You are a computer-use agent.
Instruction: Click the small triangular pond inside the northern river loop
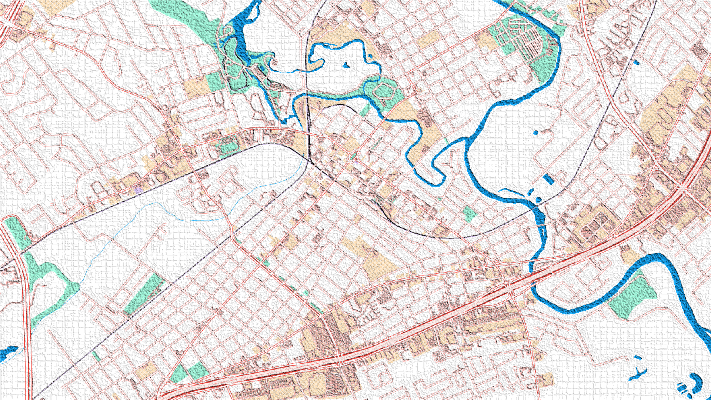click(346, 66)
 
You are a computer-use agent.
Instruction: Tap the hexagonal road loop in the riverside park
click(384, 91)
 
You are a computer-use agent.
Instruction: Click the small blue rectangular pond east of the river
click(548, 179)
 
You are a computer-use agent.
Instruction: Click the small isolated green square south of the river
click(469, 214)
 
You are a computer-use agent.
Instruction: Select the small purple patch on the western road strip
click(138, 190)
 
